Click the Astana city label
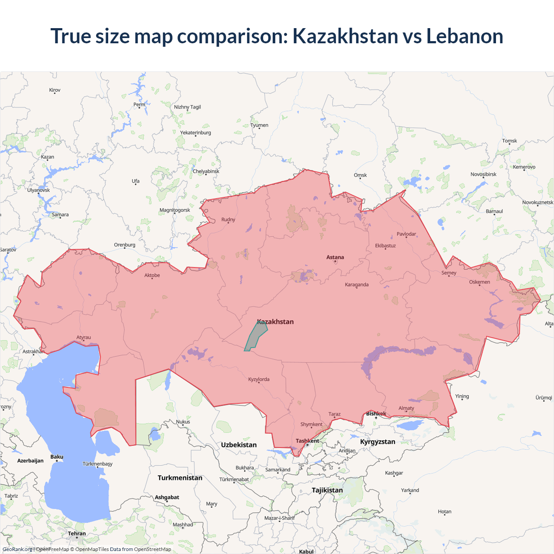click(x=335, y=257)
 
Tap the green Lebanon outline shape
click(x=255, y=337)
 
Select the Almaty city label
click(x=406, y=408)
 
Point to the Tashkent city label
click(x=307, y=441)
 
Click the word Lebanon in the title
click(x=464, y=36)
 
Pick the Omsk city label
click(x=360, y=175)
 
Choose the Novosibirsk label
click(x=483, y=174)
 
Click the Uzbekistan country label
click(x=238, y=445)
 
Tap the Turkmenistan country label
click(x=180, y=478)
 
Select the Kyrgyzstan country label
click(x=377, y=442)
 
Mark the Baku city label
click(x=57, y=457)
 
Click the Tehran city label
click(x=77, y=534)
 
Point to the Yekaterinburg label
click(x=196, y=133)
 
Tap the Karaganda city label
click(x=357, y=285)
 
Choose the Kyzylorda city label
click(x=259, y=380)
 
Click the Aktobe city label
click(x=152, y=275)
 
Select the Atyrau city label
click(x=84, y=338)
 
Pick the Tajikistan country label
click(x=327, y=490)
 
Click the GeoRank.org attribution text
click(x=17, y=549)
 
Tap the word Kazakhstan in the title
click(x=345, y=36)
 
